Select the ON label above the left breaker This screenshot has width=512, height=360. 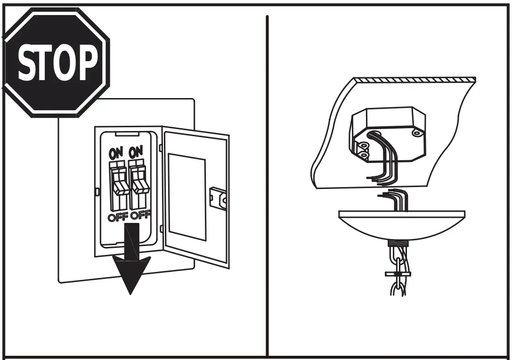coord(116,153)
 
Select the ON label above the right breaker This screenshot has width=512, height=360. coord(136,153)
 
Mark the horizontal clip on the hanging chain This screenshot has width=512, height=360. coord(397,274)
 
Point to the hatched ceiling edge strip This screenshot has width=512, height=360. coord(414,80)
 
